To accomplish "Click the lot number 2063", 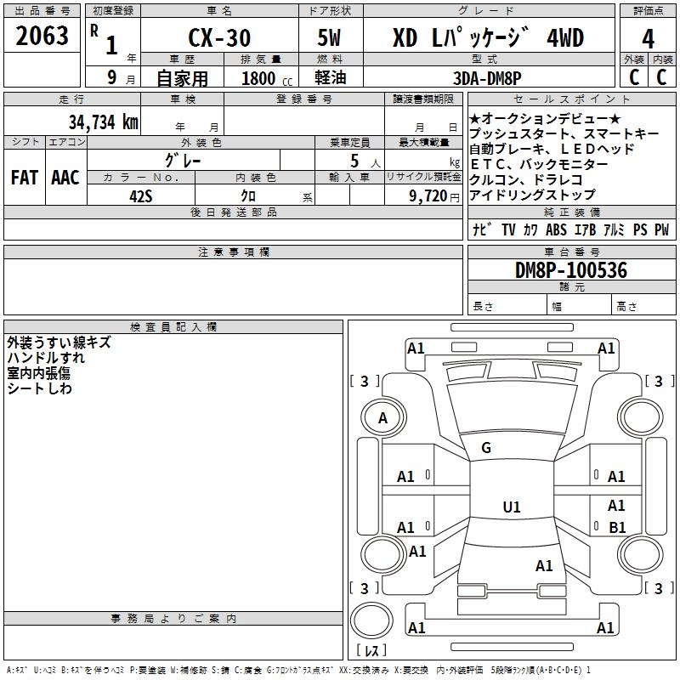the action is [x=42, y=37].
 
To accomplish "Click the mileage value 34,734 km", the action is [x=103, y=122].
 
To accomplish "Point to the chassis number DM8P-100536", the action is [x=571, y=271].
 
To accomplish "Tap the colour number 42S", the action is [x=141, y=195].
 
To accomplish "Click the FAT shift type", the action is [x=25, y=177].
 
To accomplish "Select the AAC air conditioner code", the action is [x=65, y=177].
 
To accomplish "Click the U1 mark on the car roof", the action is [x=512, y=507].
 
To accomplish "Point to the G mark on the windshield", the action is [x=486, y=448].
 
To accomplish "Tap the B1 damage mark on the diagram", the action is [x=617, y=528].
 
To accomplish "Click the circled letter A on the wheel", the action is [x=382, y=418].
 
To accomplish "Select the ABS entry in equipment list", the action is [x=557, y=229].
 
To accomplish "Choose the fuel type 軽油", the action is [x=329, y=78].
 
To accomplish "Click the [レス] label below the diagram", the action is [x=371, y=650].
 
